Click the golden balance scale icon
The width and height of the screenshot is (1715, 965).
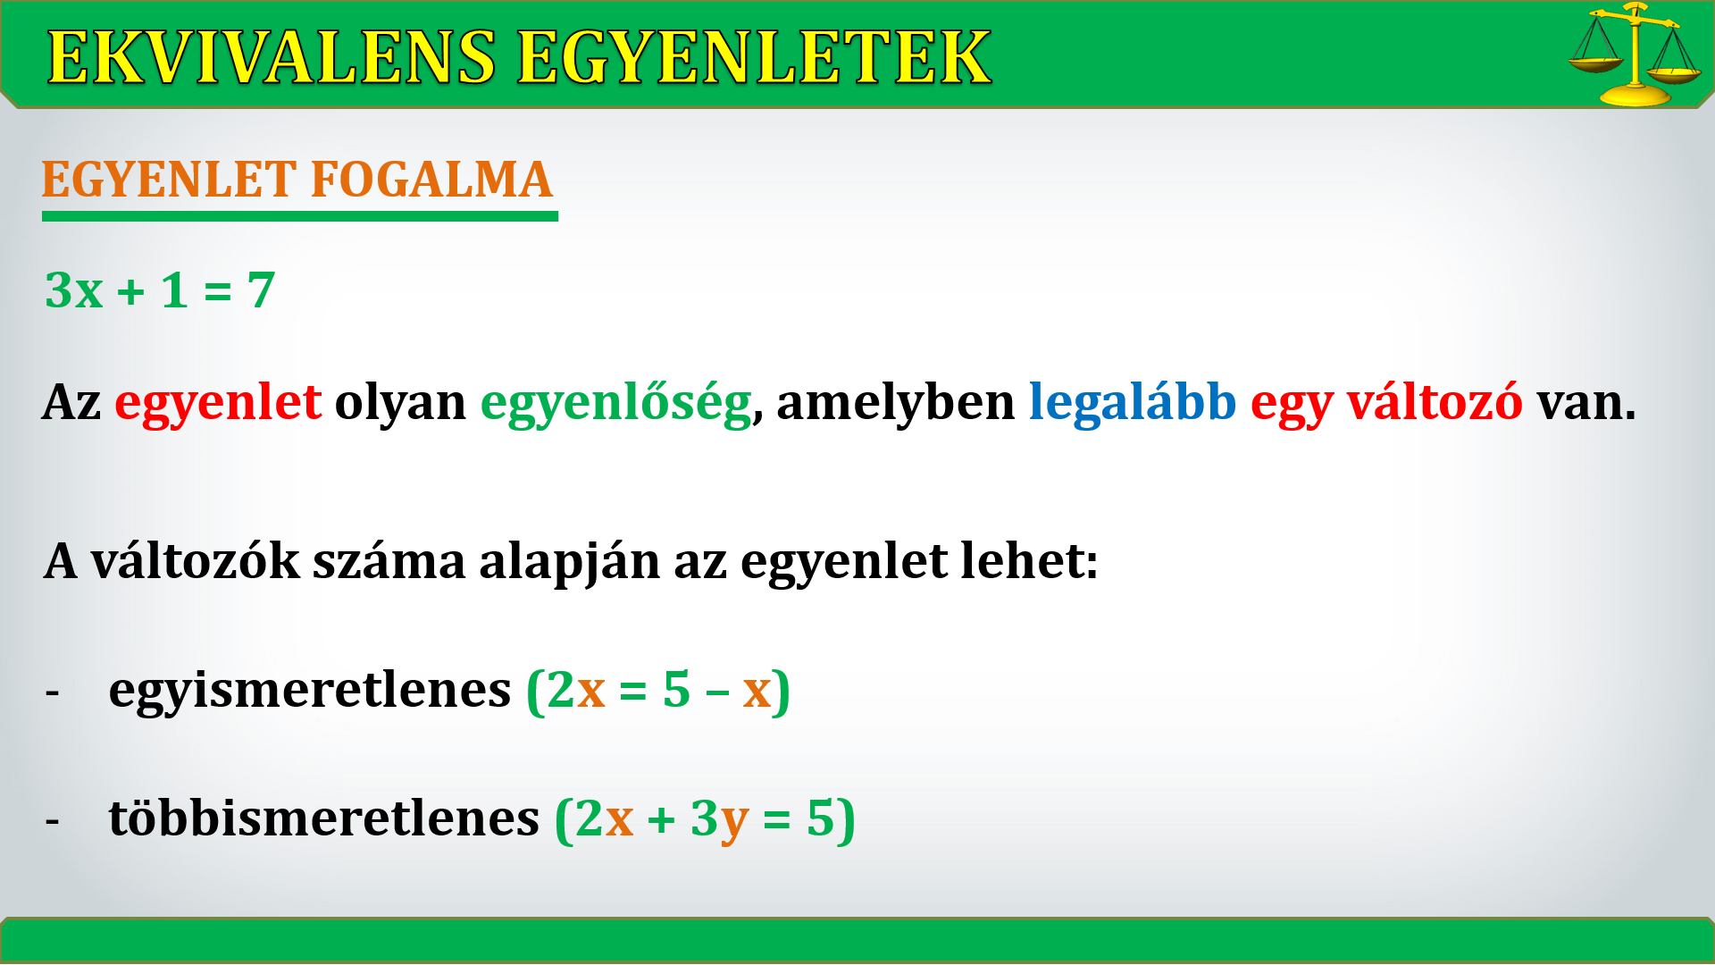click(x=1634, y=55)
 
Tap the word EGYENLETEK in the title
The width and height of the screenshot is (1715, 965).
click(x=754, y=58)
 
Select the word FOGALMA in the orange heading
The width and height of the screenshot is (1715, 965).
click(x=431, y=180)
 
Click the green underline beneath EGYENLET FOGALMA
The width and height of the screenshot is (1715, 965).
click(x=300, y=216)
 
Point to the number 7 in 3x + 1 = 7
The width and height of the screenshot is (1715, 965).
click(x=260, y=290)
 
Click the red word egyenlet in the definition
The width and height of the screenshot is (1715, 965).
click(x=218, y=403)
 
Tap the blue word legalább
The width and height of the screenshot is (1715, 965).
click(x=1133, y=403)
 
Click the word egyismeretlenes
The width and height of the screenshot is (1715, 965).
click(x=310, y=691)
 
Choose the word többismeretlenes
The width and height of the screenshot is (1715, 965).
click(x=324, y=817)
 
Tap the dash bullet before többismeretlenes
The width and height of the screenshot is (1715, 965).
click(x=52, y=821)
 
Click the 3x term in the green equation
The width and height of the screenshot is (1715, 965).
click(x=74, y=290)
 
